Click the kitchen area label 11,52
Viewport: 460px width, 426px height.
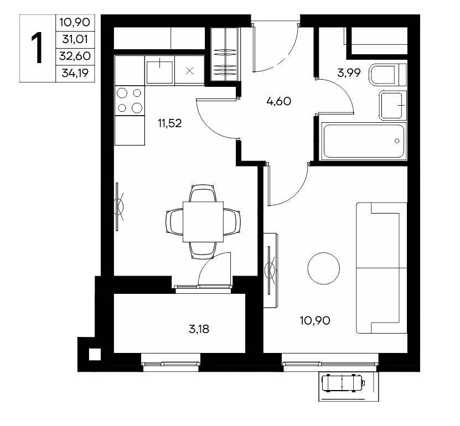(x=170, y=123)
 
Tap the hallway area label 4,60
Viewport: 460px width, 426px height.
(x=278, y=101)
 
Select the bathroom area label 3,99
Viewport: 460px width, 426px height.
(x=349, y=72)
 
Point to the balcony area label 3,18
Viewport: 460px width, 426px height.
(x=199, y=329)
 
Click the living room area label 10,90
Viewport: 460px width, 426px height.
(x=315, y=320)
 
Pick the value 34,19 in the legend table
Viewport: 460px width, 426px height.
(x=75, y=72)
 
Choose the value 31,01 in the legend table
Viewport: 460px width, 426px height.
(x=75, y=39)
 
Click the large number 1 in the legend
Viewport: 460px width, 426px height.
(x=37, y=48)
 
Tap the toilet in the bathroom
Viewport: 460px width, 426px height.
(x=388, y=75)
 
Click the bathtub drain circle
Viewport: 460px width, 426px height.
(x=397, y=141)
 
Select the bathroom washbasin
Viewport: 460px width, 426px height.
(x=392, y=106)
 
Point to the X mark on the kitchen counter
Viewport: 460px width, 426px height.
(x=190, y=70)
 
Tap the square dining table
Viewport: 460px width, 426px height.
(x=203, y=222)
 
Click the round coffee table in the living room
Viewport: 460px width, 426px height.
(x=324, y=268)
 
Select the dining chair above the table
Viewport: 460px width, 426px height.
(x=203, y=193)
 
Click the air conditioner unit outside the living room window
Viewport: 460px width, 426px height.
(x=343, y=383)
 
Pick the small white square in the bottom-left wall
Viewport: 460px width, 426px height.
(x=95, y=355)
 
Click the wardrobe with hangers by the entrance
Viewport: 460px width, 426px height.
(x=225, y=55)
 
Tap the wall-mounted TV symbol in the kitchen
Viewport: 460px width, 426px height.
(x=119, y=206)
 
